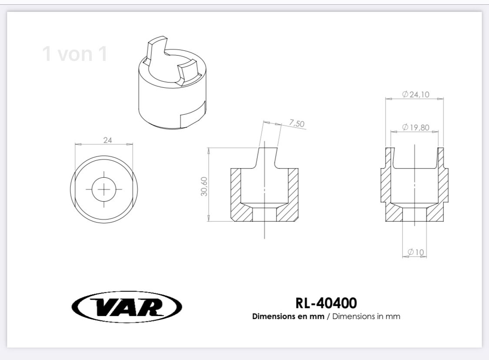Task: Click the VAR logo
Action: tap(126, 307)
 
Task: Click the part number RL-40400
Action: tap(326, 303)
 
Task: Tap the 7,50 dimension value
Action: tap(296, 123)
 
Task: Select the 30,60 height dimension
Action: tap(204, 186)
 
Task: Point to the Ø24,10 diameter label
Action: tap(416, 94)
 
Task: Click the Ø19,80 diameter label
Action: tap(416, 127)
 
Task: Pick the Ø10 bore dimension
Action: tap(416, 252)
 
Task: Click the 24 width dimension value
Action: tap(108, 140)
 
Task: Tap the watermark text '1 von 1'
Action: tap(75, 53)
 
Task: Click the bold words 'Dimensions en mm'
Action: tap(288, 317)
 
